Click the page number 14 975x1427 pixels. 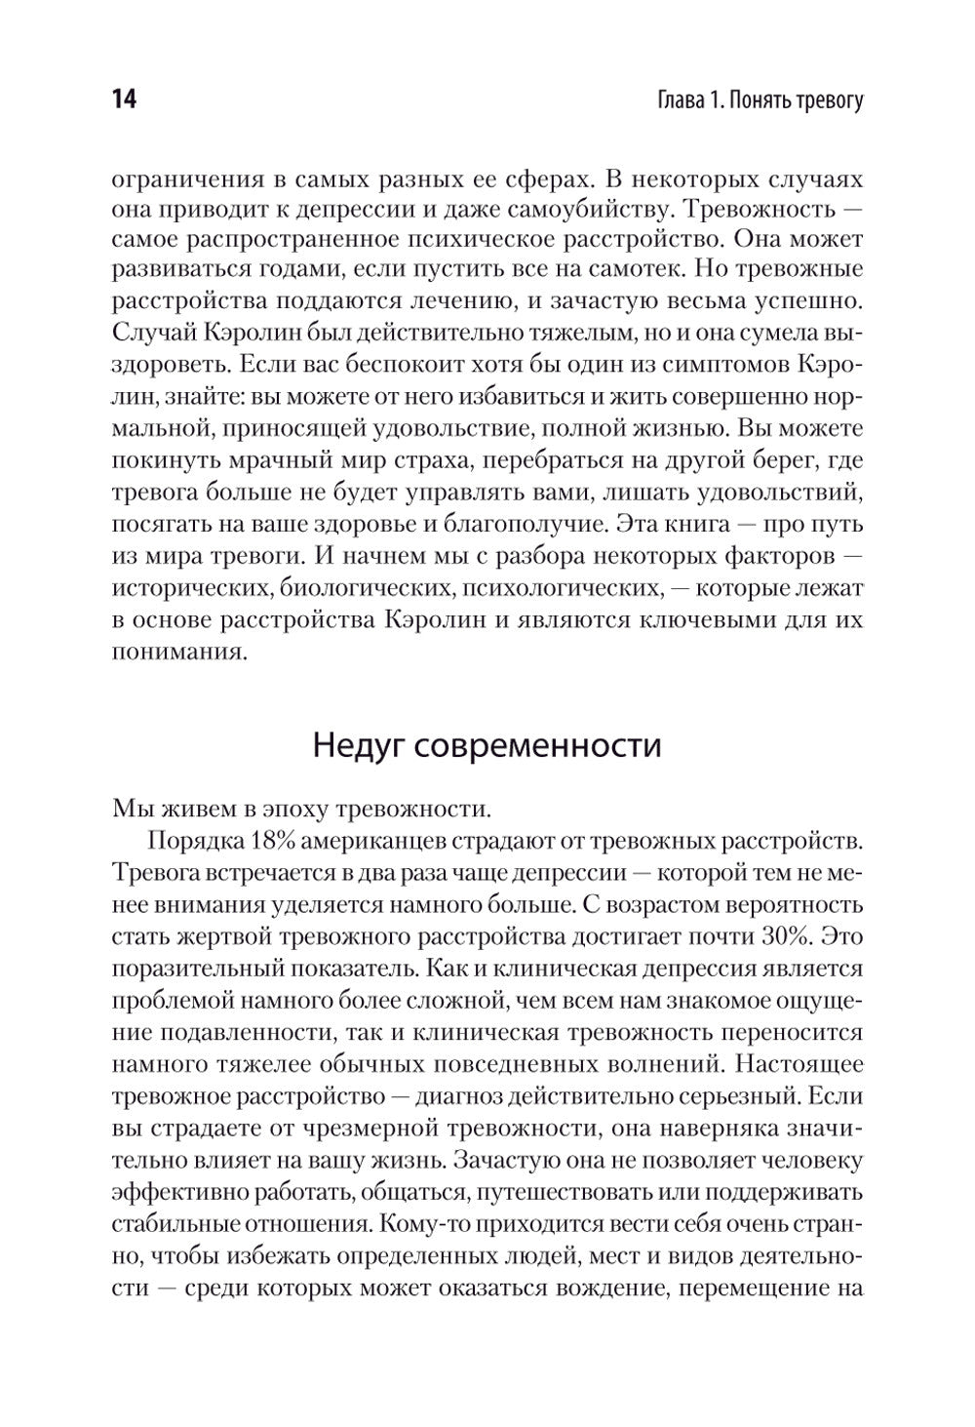coord(124,101)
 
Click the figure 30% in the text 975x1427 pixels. coord(791,935)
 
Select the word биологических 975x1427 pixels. coord(341,587)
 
